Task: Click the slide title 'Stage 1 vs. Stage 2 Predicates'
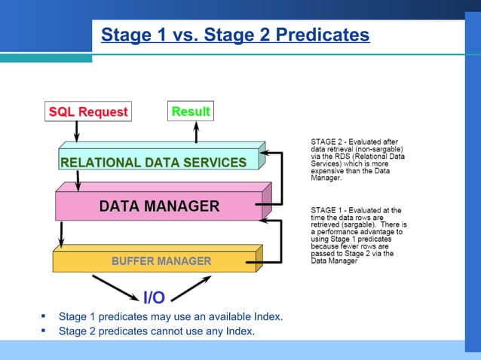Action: click(235, 35)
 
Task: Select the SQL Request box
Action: click(88, 112)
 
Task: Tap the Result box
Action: click(191, 111)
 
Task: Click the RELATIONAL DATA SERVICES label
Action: click(153, 162)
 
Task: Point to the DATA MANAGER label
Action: click(159, 206)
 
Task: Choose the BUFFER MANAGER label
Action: click(161, 261)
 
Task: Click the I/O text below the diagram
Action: click(154, 298)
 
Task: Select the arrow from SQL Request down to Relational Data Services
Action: click(77, 132)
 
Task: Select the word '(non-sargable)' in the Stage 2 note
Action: click(378, 148)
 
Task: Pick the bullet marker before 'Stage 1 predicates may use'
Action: click(44, 316)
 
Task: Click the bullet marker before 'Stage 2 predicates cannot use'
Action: click(44, 331)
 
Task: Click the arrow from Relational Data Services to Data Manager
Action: click(78, 181)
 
